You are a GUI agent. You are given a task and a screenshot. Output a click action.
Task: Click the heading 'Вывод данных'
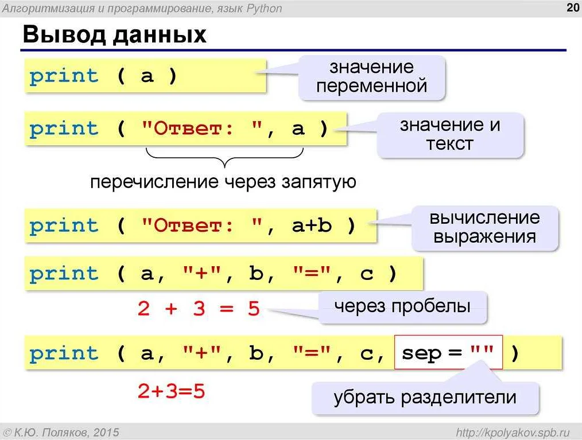114,35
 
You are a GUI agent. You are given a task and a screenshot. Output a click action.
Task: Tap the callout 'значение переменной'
371,77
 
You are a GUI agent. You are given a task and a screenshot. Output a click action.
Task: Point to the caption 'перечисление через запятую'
223,182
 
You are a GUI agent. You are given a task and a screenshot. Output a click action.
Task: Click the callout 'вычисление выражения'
484,227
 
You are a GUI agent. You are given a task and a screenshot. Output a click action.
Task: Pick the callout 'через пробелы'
402,306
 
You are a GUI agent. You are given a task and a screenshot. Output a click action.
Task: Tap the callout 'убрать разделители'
425,397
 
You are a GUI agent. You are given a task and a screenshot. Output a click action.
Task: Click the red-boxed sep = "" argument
448,353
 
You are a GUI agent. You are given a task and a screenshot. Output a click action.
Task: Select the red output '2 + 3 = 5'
199,309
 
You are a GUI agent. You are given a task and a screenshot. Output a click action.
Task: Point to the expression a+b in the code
312,225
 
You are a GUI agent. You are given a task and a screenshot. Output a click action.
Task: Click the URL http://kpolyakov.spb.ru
512,431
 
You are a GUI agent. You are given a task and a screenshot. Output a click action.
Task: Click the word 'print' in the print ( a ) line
64,76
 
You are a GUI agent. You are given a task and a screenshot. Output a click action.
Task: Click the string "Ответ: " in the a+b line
201,225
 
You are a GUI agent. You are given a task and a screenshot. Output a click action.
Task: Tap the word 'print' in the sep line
64,353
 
